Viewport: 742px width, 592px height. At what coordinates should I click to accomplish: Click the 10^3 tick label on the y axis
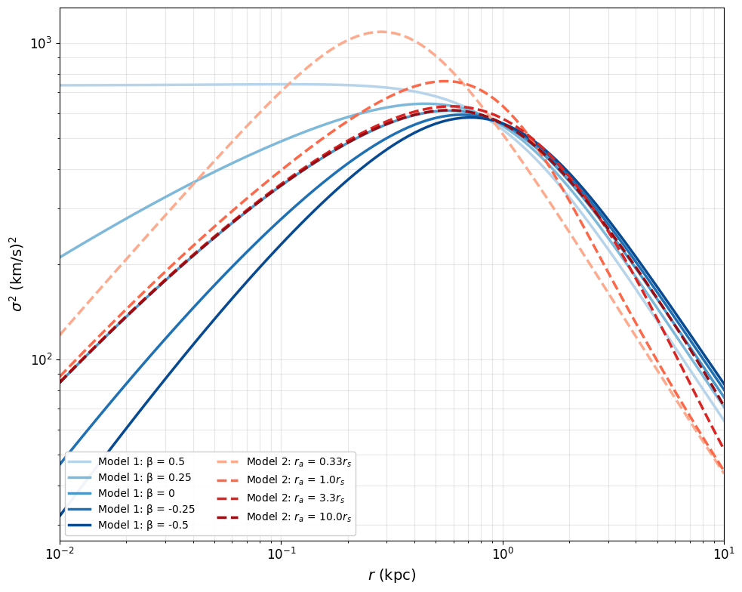click(42, 44)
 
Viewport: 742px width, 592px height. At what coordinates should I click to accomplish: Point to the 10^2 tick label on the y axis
click(42, 360)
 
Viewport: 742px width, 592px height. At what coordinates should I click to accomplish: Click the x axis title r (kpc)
click(392, 575)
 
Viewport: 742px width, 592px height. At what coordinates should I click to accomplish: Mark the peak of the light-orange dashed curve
click(382, 32)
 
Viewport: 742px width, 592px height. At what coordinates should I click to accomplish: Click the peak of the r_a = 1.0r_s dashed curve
click(445, 81)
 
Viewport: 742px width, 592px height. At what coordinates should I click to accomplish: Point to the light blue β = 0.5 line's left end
click(60, 85)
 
